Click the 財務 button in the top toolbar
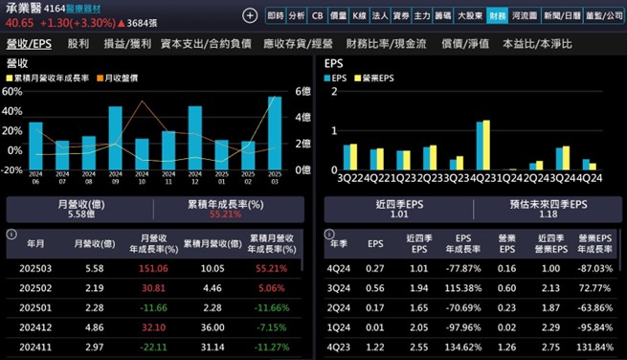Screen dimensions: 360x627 coord(497,15)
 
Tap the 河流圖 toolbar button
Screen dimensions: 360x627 coord(526,15)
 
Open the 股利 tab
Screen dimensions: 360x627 coord(78,44)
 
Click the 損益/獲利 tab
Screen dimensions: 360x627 coord(127,44)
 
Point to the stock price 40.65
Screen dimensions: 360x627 coord(20,23)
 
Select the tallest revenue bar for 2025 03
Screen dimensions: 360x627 coord(275,132)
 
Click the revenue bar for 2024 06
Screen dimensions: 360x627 coord(35,145)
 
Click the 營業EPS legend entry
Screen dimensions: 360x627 coord(377,78)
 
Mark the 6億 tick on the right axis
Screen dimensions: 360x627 coord(301,92)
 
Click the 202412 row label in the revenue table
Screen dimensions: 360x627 coord(34,326)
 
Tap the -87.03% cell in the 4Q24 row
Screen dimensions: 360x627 coord(594,269)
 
